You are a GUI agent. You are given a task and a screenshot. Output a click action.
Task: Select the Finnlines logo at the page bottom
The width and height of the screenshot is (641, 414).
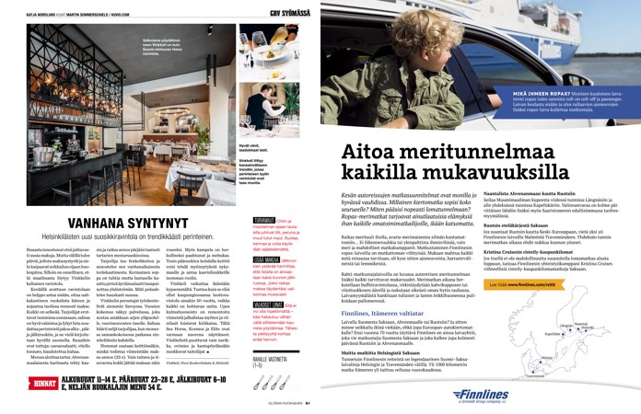pos(572,395)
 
